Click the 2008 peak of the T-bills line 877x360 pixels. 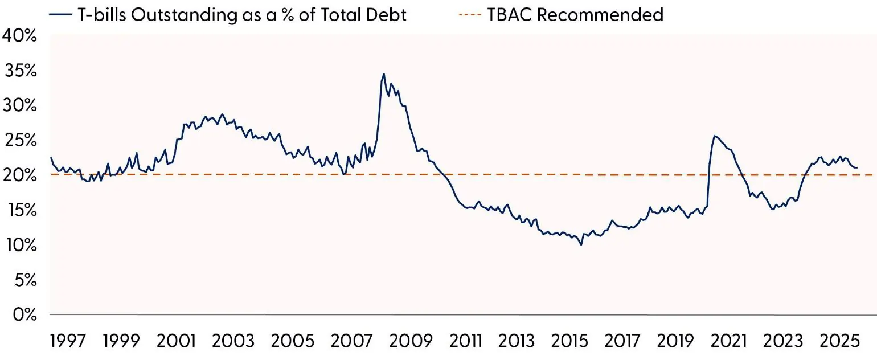(384, 74)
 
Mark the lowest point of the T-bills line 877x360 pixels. (581, 244)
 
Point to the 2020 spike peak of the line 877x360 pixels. (715, 136)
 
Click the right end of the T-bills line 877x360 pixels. (858, 167)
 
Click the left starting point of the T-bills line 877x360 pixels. (51, 158)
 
